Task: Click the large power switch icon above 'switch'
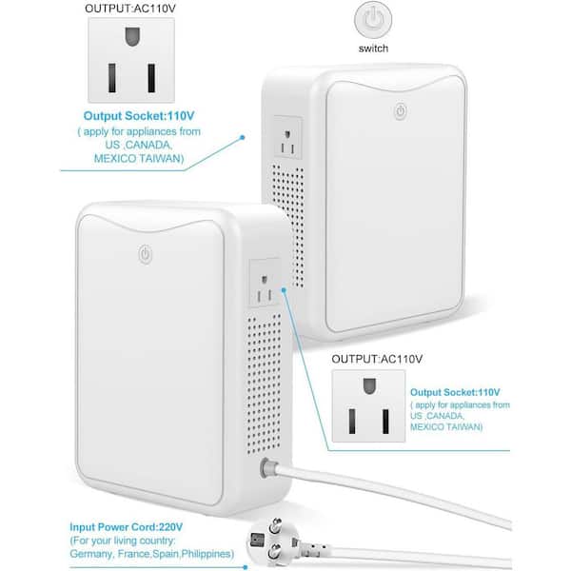click(373, 20)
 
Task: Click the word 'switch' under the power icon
click(373, 49)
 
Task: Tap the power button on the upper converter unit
click(401, 111)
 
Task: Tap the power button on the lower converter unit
click(146, 254)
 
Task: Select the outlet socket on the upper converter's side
click(287, 137)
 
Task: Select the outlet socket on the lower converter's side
click(266, 283)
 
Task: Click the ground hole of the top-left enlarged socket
click(132, 36)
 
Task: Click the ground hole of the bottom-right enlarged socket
click(369, 386)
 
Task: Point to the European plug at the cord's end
click(277, 541)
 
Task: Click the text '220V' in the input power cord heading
click(170, 527)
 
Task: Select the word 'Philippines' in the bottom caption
click(207, 554)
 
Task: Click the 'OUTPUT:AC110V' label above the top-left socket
click(130, 9)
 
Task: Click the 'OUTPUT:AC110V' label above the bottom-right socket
click(377, 359)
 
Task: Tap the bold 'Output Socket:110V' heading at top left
click(139, 116)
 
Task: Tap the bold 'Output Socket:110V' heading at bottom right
click(455, 392)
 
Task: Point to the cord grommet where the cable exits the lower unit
click(266, 468)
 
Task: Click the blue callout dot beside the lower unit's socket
click(284, 290)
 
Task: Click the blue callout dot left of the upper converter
click(242, 138)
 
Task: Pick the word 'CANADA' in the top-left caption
click(148, 145)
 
